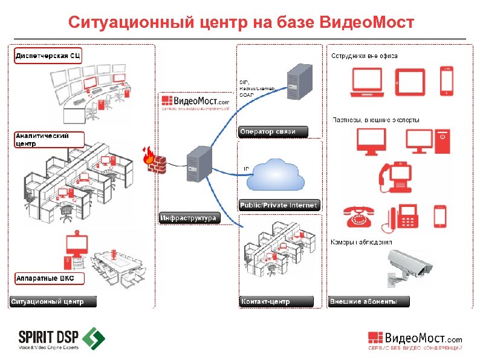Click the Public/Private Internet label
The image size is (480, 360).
[x=279, y=206]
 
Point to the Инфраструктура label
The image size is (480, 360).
[x=188, y=218]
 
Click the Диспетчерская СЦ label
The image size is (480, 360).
[x=48, y=56]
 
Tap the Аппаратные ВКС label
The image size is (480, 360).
[x=49, y=279]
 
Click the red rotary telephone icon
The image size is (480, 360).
[x=360, y=215]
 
